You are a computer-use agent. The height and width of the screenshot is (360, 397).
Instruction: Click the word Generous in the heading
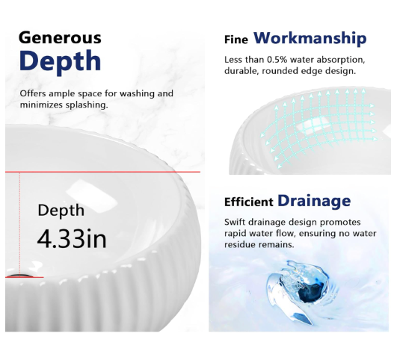(60, 37)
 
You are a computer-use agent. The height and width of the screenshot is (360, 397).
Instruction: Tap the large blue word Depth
(61, 61)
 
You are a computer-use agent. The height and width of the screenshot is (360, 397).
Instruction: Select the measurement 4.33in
(72, 238)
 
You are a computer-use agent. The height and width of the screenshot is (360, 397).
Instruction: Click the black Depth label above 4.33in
(61, 210)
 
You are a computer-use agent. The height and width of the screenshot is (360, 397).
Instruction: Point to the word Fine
(236, 40)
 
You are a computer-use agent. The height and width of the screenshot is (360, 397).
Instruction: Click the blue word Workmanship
(310, 38)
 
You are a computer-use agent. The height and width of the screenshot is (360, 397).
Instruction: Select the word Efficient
(249, 202)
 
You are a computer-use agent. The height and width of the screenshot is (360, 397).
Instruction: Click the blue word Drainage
(314, 202)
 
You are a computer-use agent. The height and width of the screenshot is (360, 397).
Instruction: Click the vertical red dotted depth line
(19, 224)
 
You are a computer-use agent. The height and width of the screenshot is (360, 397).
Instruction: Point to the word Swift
(235, 222)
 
